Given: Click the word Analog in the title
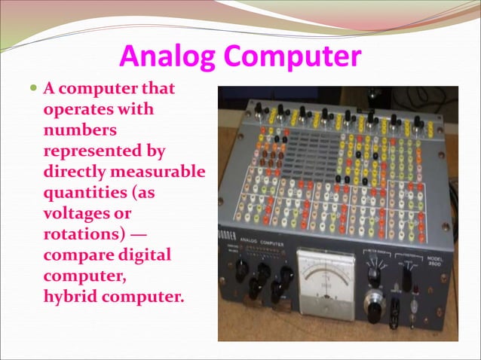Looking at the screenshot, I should [x=160, y=56].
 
